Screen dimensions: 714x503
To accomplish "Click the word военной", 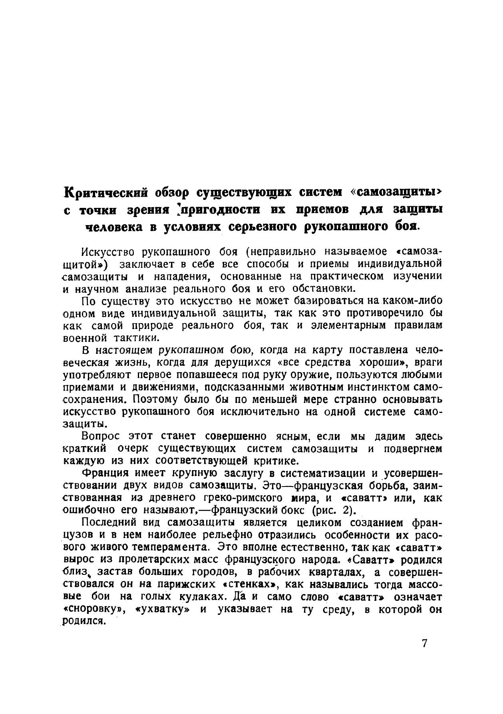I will point(83,338).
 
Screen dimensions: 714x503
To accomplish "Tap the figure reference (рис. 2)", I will point(332,511).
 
